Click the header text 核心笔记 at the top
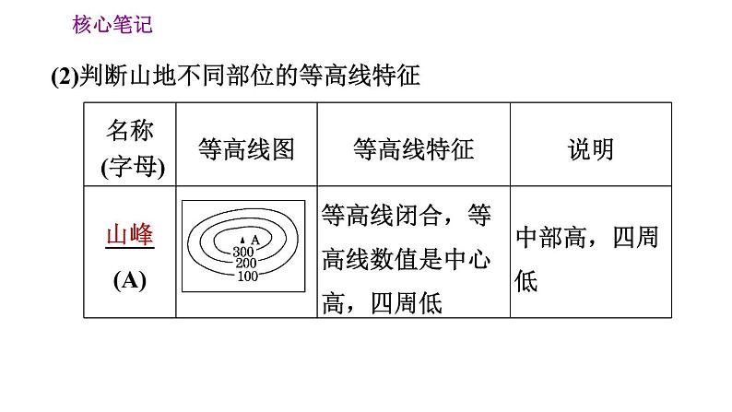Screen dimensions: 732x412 (112, 26)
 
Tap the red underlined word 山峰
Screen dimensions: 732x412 (130, 235)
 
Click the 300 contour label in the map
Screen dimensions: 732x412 (243, 252)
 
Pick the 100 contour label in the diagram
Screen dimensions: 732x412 (246, 276)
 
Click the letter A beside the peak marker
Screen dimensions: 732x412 (255, 240)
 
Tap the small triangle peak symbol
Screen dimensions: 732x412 (245, 241)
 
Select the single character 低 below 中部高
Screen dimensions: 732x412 (526, 282)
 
